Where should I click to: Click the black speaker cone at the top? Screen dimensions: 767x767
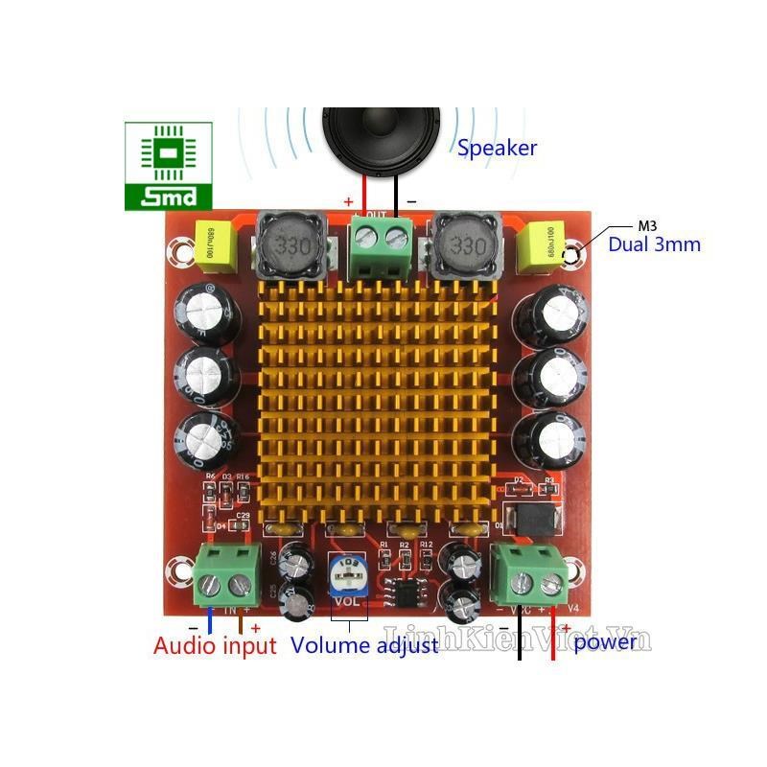tap(381, 140)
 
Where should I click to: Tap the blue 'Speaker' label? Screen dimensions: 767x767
tap(497, 149)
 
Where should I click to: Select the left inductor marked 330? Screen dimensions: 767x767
tap(289, 245)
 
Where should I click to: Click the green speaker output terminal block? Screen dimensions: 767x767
tap(380, 240)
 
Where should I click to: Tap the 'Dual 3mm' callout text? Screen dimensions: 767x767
tap(654, 244)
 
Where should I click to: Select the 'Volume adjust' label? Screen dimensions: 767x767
tap(364, 645)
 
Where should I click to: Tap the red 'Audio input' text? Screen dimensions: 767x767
tap(215, 645)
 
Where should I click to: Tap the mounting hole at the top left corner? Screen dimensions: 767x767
tap(178, 253)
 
